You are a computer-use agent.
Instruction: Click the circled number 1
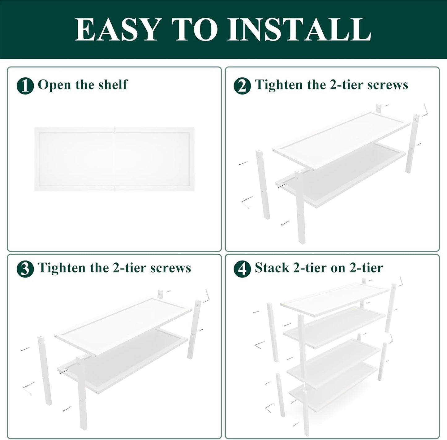(25, 86)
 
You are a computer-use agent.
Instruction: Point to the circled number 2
(242, 86)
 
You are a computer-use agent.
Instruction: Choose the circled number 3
(25, 269)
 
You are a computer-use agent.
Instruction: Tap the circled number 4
(242, 269)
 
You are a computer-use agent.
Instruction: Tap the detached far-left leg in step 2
(263, 185)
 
